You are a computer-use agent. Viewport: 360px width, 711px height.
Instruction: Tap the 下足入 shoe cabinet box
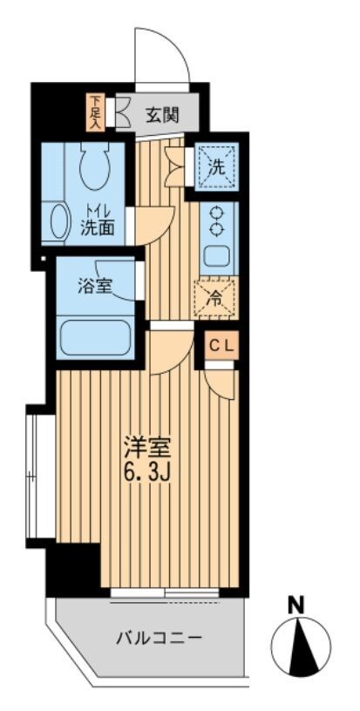click(x=95, y=112)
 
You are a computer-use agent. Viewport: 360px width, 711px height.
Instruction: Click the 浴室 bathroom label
click(x=95, y=285)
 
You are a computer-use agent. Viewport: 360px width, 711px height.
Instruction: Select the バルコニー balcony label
click(x=160, y=637)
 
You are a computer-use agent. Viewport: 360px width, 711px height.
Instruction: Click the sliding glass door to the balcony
click(x=165, y=592)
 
